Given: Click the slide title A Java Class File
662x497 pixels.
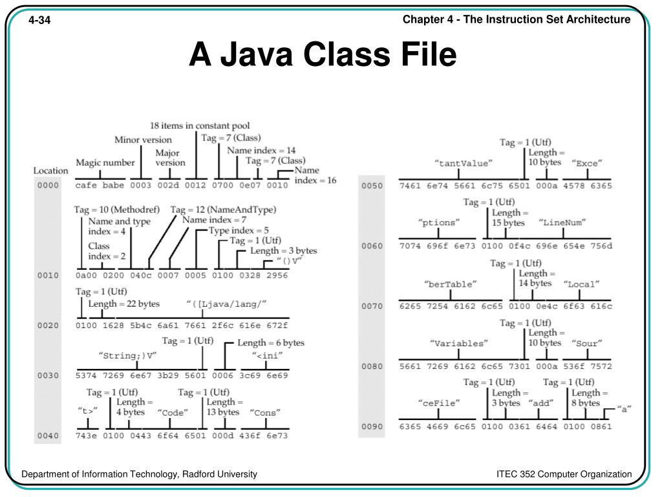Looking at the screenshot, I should tap(323, 55).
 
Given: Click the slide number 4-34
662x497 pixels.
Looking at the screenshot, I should tap(39, 21).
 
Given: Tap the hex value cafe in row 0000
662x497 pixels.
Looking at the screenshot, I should tap(87, 186).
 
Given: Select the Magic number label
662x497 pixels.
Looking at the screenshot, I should tap(105, 162).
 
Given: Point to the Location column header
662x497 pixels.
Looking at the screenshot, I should tap(50, 171).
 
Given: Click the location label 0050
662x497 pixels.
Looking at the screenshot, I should tap(372, 186).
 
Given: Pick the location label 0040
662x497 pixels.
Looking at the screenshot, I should tap(47, 436).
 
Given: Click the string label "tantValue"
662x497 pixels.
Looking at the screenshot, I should tap(464, 163).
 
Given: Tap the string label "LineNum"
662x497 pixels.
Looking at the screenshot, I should tap(562, 223).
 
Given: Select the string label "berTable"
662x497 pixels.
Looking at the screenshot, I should tap(451, 283).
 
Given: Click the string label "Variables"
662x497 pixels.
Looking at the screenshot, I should tap(458, 344).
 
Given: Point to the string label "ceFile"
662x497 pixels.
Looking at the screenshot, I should tap(439, 403).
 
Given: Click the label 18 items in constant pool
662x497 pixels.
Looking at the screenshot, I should tap(200, 126).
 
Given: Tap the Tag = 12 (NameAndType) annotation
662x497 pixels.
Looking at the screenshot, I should tap(223, 210).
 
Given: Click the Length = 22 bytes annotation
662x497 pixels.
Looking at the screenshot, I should tap(123, 304).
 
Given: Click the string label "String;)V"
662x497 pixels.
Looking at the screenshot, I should tap(127, 355).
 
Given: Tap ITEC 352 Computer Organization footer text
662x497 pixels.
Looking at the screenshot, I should tap(564, 474).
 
